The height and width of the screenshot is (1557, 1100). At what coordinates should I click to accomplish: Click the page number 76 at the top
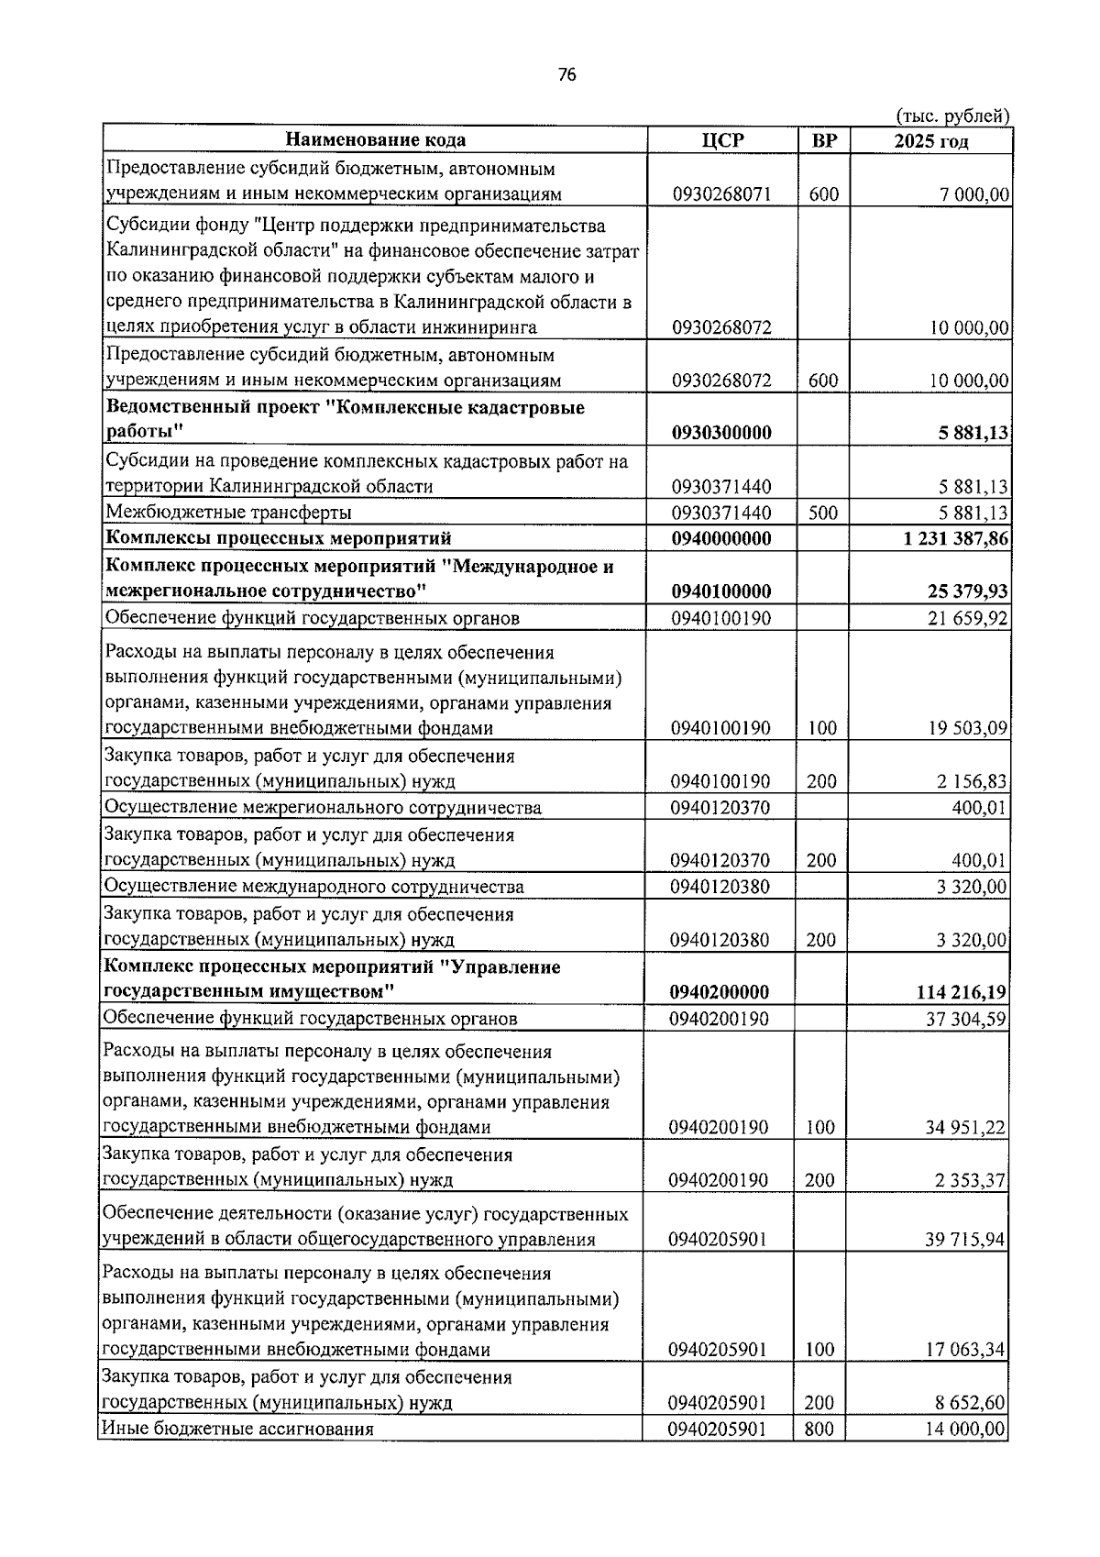[x=566, y=76]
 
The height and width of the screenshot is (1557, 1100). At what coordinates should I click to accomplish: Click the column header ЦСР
[x=722, y=140]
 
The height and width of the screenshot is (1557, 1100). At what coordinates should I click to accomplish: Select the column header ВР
[x=824, y=140]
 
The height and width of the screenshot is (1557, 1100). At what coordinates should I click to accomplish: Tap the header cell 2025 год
[x=930, y=140]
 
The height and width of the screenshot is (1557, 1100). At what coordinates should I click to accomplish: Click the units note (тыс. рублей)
[x=951, y=116]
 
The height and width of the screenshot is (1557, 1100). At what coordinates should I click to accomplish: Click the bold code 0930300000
[x=721, y=433]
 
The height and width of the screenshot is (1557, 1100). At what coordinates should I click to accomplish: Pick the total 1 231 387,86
[x=956, y=538]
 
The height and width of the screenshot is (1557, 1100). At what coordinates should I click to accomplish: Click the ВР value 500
[x=823, y=513]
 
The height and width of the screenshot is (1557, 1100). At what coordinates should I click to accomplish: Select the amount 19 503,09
[x=967, y=729]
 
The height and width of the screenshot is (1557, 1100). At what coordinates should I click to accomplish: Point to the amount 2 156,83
[x=972, y=781]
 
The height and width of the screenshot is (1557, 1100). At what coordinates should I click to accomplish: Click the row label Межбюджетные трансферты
[x=228, y=513]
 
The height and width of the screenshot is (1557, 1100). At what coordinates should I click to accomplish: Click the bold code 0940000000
[x=721, y=538]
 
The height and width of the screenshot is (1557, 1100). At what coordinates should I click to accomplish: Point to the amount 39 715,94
[x=965, y=1240]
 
